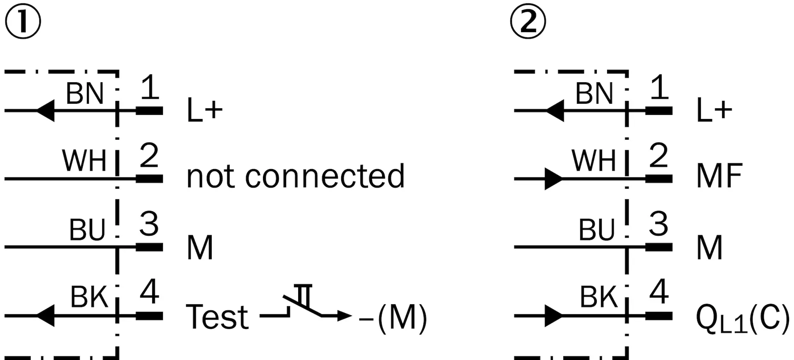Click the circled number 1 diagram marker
23,21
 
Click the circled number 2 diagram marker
528,21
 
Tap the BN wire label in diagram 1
85,93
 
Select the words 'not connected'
296,176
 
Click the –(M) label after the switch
393,318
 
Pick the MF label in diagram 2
720,176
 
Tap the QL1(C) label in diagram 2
743,319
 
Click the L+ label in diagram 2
714,110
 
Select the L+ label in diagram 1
205,110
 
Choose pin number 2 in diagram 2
659,155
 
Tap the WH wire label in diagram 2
594,161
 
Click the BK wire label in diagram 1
89,297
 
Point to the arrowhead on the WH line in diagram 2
554,179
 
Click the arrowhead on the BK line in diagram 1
45,316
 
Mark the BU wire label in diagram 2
597,230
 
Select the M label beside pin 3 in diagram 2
710,248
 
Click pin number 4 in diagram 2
659,292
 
